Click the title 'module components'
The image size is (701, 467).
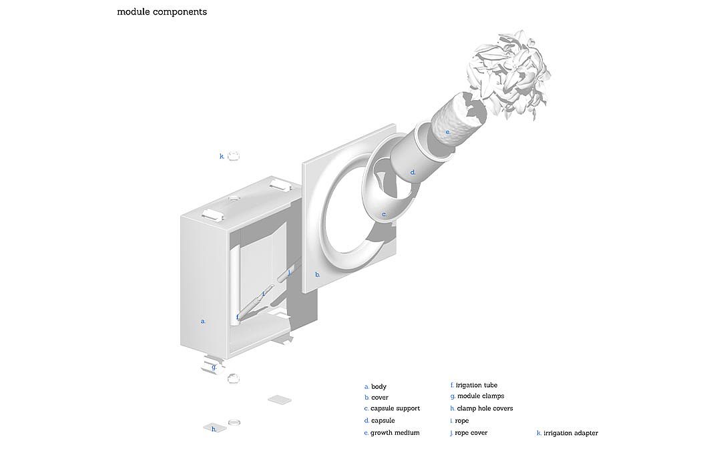162,12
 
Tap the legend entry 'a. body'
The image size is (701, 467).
375,387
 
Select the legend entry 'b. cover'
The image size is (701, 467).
377,398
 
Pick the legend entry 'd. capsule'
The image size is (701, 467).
379,421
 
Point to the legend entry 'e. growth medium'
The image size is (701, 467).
392,433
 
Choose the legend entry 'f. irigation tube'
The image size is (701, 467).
474,385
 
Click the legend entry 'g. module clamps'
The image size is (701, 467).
477,396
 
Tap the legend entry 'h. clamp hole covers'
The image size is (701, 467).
481,408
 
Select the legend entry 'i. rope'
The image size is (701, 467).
460,421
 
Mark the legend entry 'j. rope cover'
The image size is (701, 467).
469,433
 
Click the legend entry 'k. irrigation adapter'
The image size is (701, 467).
567,434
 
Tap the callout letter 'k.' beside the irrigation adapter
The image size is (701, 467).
222,157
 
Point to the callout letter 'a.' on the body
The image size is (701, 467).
203,322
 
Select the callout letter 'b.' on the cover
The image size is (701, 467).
318,274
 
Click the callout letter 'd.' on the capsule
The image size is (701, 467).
413,173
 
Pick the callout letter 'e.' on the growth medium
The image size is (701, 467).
448,133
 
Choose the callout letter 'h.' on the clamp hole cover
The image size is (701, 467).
214,430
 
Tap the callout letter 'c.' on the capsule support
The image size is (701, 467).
384,215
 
